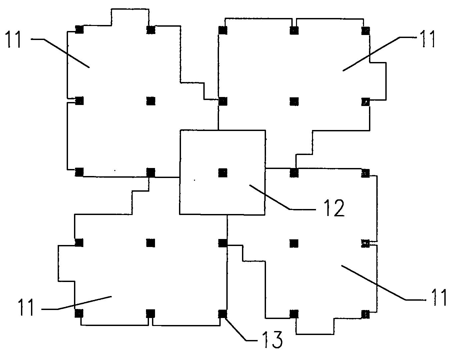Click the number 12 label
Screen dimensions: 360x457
tap(334, 209)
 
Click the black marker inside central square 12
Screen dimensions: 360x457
tap(223, 173)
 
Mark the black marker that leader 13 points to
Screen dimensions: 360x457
tap(222, 314)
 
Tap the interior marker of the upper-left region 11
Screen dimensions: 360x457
tap(151, 101)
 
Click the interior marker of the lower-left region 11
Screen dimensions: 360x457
tap(151, 243)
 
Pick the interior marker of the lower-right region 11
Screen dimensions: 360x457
tap(294, 243)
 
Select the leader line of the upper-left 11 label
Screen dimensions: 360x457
tap(67, 53)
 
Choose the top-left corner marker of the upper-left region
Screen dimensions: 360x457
tap(79, 30)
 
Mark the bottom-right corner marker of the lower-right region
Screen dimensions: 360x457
tap(366, 314)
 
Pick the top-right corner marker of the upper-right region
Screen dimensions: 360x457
tap(366, 31)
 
